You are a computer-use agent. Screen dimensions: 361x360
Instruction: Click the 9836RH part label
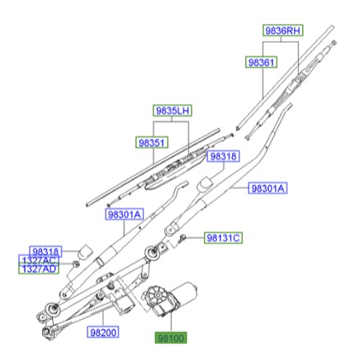pos(282,31)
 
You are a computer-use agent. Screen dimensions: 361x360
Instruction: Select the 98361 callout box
pos(262,62)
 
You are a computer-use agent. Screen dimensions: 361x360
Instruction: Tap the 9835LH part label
pos(172,111)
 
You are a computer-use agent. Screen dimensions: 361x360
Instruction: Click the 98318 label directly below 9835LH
pos(223,155)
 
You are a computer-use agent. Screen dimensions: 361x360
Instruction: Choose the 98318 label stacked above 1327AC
pos(45,251)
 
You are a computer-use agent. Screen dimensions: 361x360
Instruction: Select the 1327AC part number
pos(39,260)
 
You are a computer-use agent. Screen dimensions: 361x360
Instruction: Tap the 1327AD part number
pos(39,269)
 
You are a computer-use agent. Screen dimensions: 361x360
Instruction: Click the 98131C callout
pos(223,238)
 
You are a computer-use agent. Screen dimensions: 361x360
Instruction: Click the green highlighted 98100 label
pos(172,338)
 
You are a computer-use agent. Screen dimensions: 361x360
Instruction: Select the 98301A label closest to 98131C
pos(268,189)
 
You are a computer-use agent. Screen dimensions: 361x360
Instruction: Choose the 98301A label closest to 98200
pos(124,215)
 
